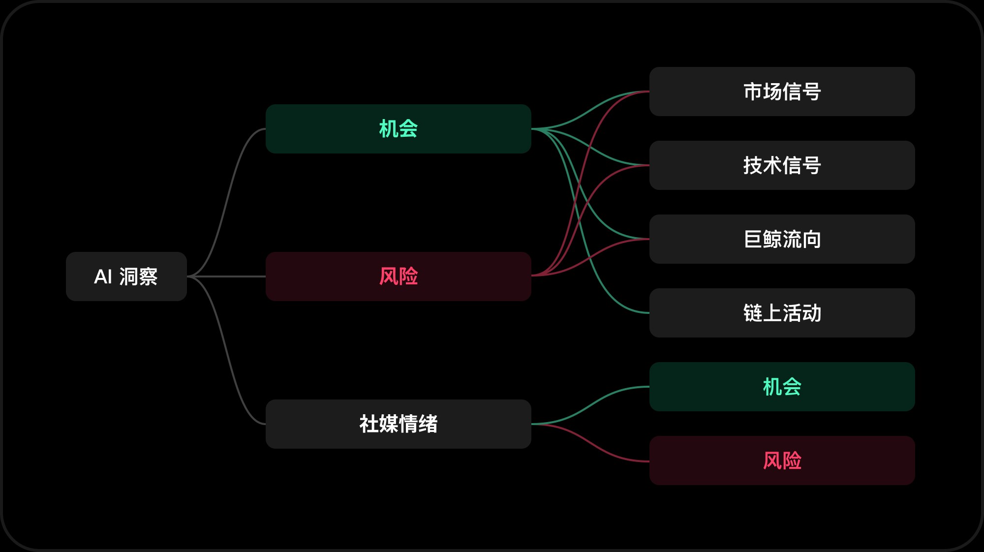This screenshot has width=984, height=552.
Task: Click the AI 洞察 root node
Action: tap(126, 276)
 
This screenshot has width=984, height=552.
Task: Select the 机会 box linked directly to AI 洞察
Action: tap(398, 129)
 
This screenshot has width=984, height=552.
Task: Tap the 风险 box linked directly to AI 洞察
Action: tap(398, 276)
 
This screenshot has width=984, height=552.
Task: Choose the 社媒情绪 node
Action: tap(398, 424)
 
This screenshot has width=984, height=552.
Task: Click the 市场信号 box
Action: tap(782, 92)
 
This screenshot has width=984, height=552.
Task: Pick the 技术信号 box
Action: tap(782, 165)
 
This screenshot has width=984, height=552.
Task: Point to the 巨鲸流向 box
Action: tap(782, 239)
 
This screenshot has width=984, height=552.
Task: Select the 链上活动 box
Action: tap(782, 313)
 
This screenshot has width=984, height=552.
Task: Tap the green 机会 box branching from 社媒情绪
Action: tap(782, 387)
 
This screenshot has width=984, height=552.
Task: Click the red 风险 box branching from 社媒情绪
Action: tap(782, 460)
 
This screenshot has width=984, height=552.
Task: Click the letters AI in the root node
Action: tap(103, 276)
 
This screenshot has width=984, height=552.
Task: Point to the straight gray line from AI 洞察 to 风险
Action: tap(226, 276)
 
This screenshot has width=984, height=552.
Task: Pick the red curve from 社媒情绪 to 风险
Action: tap(590, 443)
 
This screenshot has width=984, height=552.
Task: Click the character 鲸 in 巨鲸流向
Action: tap(772, 239)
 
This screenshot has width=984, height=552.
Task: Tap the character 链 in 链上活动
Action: tap(753, 313)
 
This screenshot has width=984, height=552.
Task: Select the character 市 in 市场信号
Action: tap(753, 92)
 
